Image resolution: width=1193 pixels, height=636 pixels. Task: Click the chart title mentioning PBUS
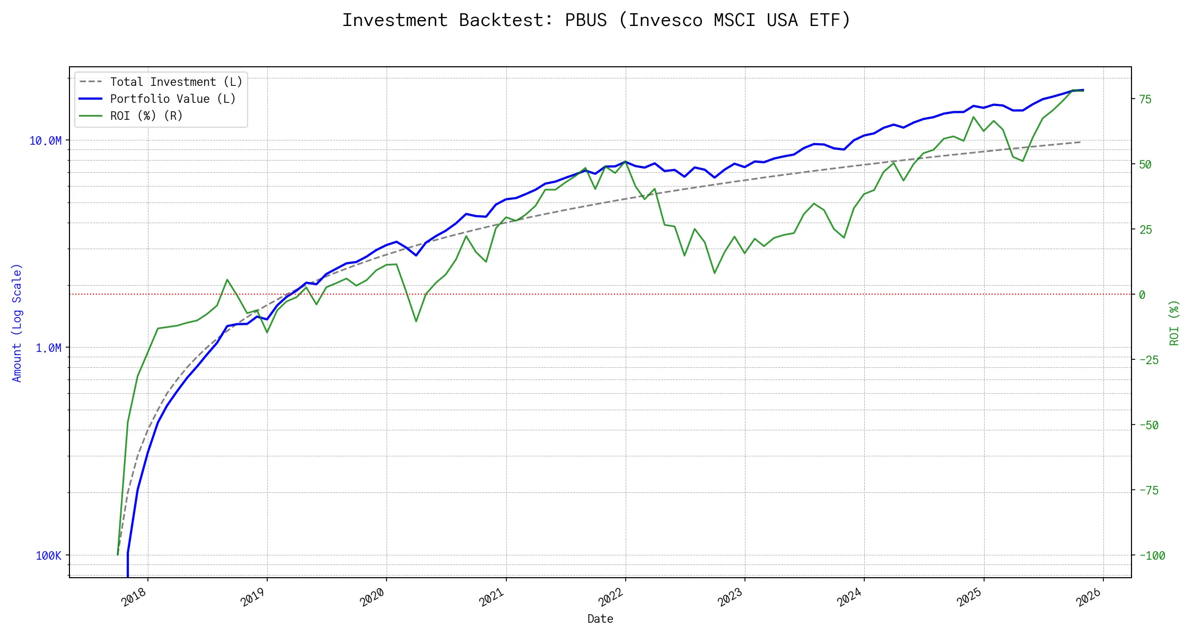pyautogui.click(x=596, y=20)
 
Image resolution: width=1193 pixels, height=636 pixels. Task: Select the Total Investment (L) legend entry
pyautogui.click(x=176, y=82)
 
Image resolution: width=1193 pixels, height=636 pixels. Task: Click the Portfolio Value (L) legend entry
pyautogui.click(x=172, y=99)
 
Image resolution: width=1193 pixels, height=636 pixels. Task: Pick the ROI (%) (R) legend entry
pyautogui.click(x=146, y=116)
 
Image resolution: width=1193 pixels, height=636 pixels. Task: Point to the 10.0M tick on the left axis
pyautogui.click(x=46, y=140)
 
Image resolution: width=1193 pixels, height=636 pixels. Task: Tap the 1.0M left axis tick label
pyautogui.click(x=48, y=348)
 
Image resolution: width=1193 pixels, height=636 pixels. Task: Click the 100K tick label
pyautogui.click(x=48, y=555)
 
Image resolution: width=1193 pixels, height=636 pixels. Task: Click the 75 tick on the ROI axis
pyautogui.click(x=1145, y=99)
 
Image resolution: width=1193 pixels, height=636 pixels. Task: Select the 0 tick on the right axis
pyautogui.click(x=1142, y=295)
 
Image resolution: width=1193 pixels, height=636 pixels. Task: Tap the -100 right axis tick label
pyautogui.click(x=1152, y=555)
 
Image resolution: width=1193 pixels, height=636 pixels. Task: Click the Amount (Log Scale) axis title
pyautogui.click(x=17, y=322)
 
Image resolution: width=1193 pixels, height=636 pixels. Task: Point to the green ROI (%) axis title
pyautogui.click(x=1174, y=322)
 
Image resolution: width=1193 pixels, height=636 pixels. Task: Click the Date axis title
pyautogui.click(x=600, y=619)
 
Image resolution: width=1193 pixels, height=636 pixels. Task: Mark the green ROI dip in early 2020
pyautogui.click(x=416, y=321)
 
